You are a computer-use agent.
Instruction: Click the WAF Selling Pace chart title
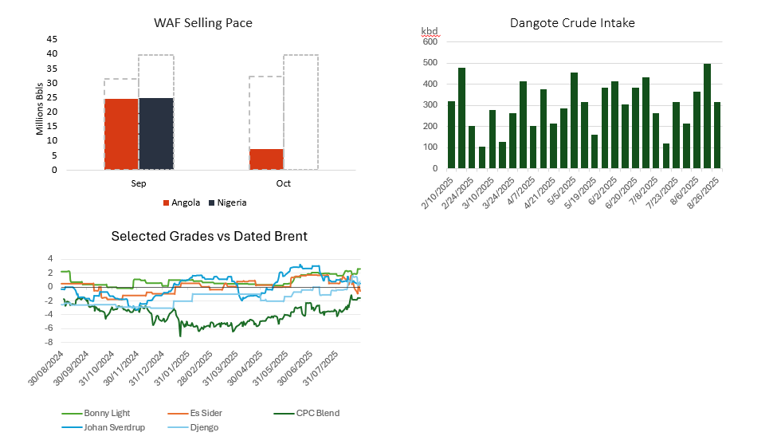coord(203,23)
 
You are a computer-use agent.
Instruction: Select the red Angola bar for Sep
coord(121,134)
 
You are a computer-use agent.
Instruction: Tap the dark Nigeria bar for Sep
coord(156,134)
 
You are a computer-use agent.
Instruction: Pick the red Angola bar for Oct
coord(267,159)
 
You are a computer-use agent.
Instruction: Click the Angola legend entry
coord(182,202)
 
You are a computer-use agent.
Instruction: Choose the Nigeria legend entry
coord(228,202)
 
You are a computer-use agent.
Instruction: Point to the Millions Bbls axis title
coord(40,109)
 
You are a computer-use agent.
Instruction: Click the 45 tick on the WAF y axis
coord(52,38)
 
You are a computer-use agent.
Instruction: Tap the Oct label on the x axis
coord(284,183)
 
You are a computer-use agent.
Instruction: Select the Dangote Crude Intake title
coord(572,23)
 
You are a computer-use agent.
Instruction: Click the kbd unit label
coord(430,32)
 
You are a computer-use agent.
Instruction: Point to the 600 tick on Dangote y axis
coord(430,41)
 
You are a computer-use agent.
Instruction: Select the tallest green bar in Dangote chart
coord(707,116)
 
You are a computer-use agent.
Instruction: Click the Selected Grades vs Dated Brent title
coord(209,237)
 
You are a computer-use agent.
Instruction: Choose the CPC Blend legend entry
coord(307,413)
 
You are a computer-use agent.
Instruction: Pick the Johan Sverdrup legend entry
coord(104,427)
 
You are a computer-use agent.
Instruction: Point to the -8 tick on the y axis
coord(49,343)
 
